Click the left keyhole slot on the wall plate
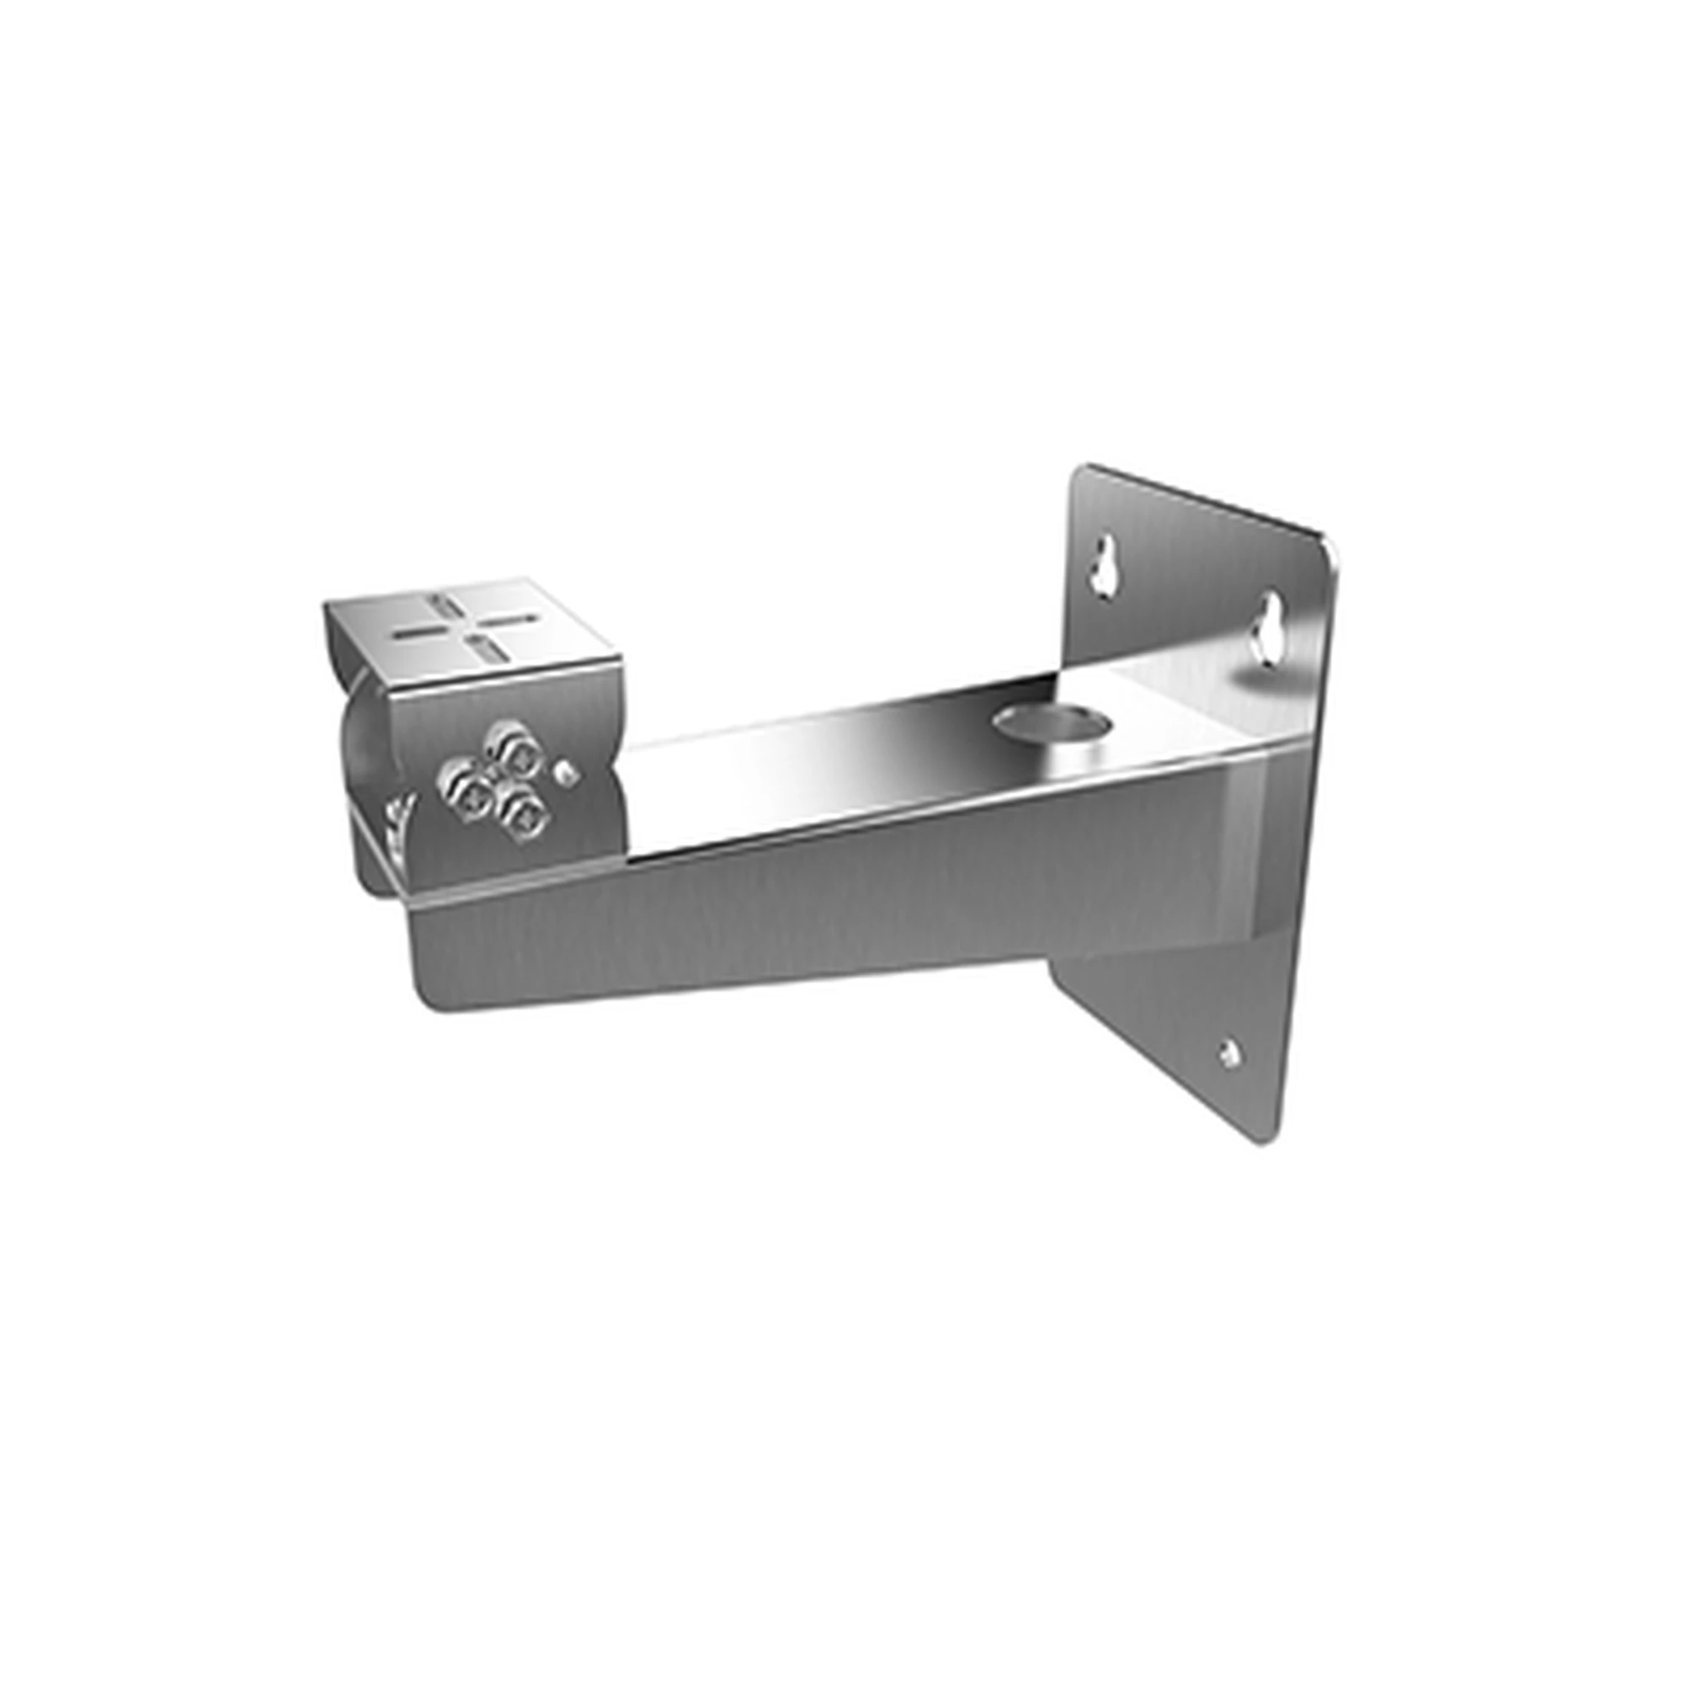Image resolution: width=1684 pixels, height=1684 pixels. coord(1106,568)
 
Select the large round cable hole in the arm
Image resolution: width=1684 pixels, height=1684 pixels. coord(1054,722)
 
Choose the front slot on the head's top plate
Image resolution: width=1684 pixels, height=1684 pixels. coord(481,648)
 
